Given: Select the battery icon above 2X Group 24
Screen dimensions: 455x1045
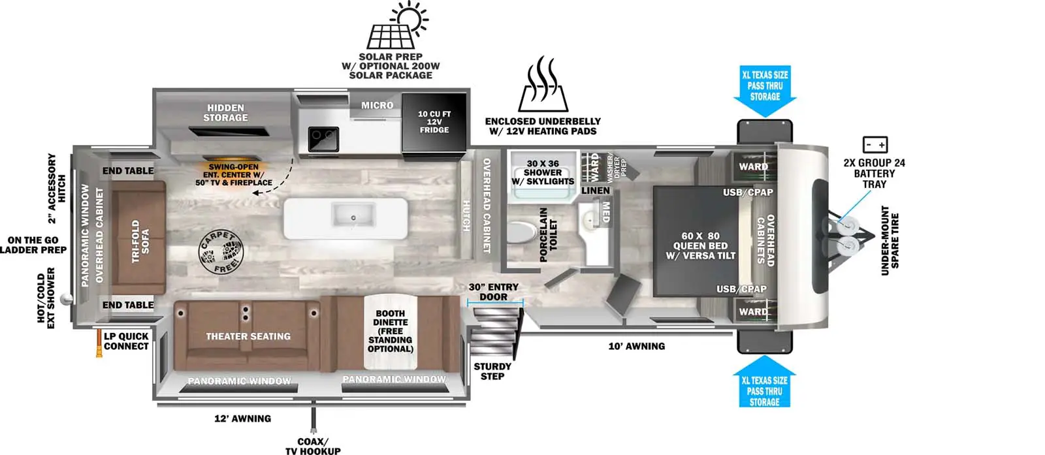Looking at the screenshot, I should pyautogui.click(x=875, y=144).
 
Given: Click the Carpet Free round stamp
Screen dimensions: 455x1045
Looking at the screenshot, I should pyautogui.click(x=220, y=251).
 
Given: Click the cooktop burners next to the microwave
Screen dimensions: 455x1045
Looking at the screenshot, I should pyautogui.click(x=323, y=138).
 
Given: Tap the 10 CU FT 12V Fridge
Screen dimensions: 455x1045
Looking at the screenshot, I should pyautogui.click(x=434, y=122).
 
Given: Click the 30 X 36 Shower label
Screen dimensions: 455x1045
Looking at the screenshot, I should pyautogui.click(x=543, y=172).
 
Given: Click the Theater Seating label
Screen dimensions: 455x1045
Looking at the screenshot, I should pyautogui.click(x=248, y=336).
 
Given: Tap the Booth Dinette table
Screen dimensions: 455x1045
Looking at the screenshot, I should pyautogui.click(x=391, y=331).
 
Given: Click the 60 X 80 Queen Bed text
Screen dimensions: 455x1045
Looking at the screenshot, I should pyautogui.click(x=700, y=245).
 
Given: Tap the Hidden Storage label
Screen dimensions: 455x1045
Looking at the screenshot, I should pyautogui.click(x=225, y=112).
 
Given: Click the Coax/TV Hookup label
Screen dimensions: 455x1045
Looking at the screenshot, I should pyautogui.click(x=313, y=446).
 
